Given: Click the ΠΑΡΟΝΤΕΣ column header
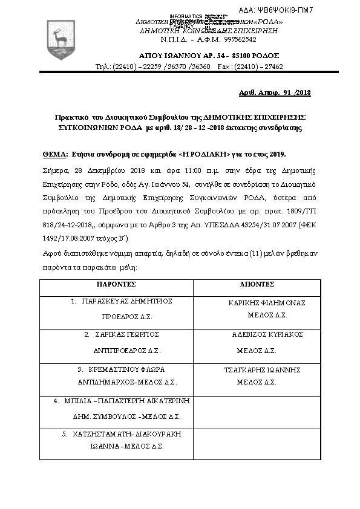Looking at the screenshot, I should [117, 284].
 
